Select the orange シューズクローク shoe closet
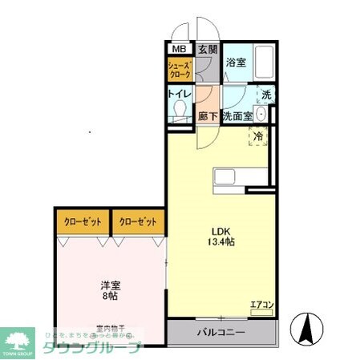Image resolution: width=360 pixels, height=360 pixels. pos(179,71)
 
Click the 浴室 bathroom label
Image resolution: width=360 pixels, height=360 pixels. pos(235,62)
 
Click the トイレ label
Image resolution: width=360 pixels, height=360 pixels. pos(179,95)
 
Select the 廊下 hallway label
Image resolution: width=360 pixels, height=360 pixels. pos(208,115)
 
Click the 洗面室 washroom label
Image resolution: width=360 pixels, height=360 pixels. pos(237,115)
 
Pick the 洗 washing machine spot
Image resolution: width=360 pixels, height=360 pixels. pos(265,94)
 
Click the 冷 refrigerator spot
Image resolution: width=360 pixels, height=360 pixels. pos(258,137)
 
